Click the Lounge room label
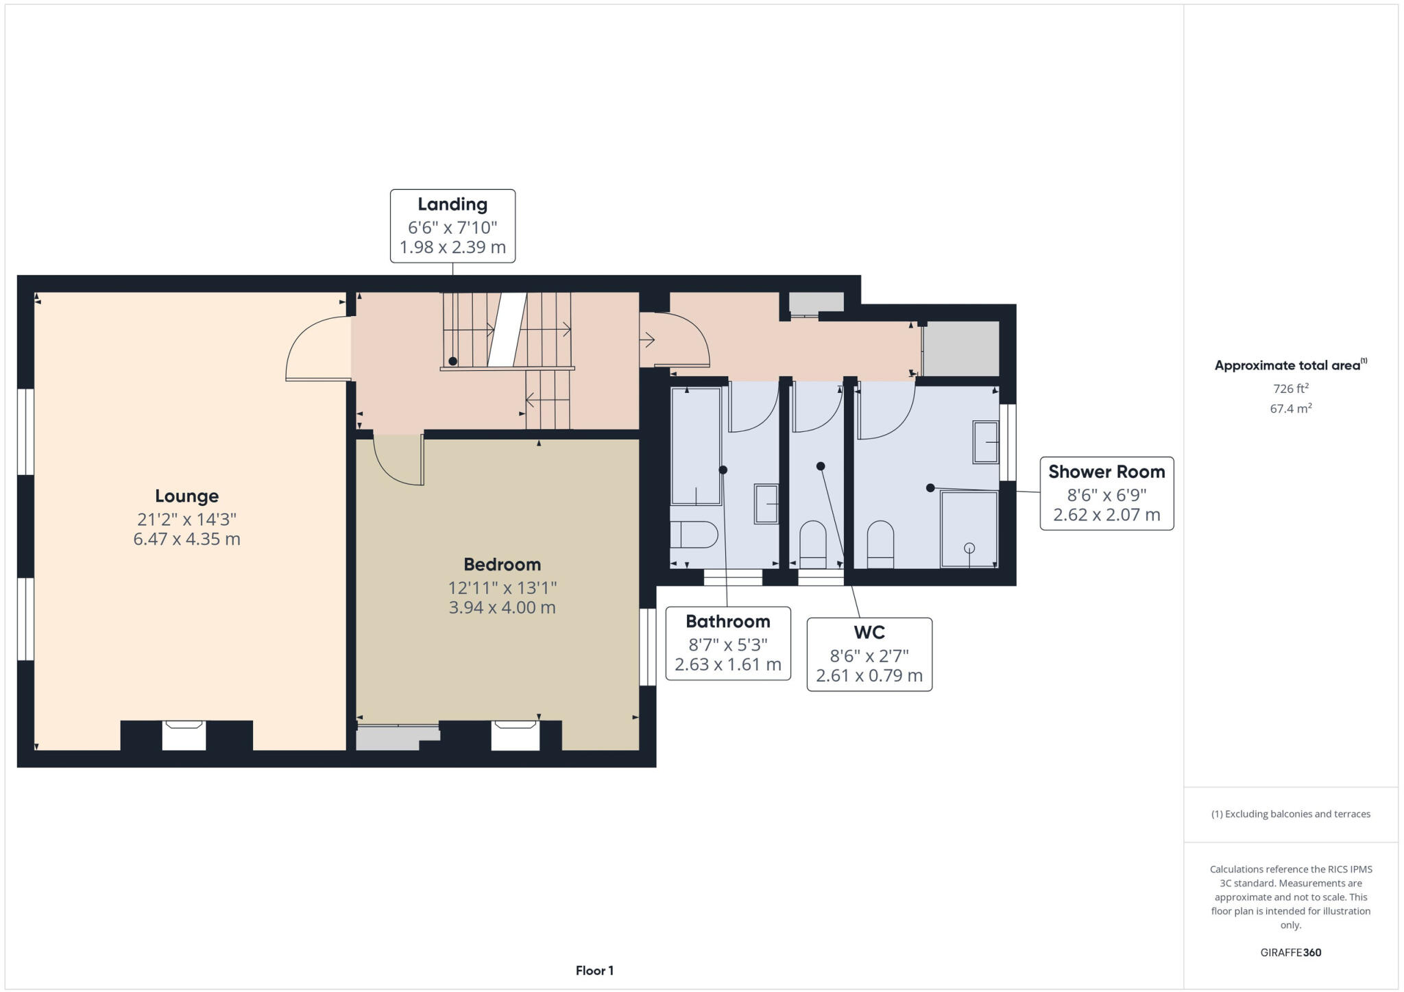coord(186,496)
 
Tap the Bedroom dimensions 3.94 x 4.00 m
coord(502,607)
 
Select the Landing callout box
coord(452,226)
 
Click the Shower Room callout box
coord(1106,494)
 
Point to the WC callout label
coord(869,632)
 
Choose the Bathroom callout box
coord(728,643)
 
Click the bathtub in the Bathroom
coord(696,446)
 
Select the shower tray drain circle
coord(969,548)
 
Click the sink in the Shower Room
coord(986,443)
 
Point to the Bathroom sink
coord(766,504)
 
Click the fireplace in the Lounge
coord(184,735)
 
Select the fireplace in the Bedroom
coord(515,735)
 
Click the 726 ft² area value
coord(1290,389)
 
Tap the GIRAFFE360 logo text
coord(1290,952)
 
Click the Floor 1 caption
coord(594,971)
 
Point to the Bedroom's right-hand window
coord(647,646)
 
